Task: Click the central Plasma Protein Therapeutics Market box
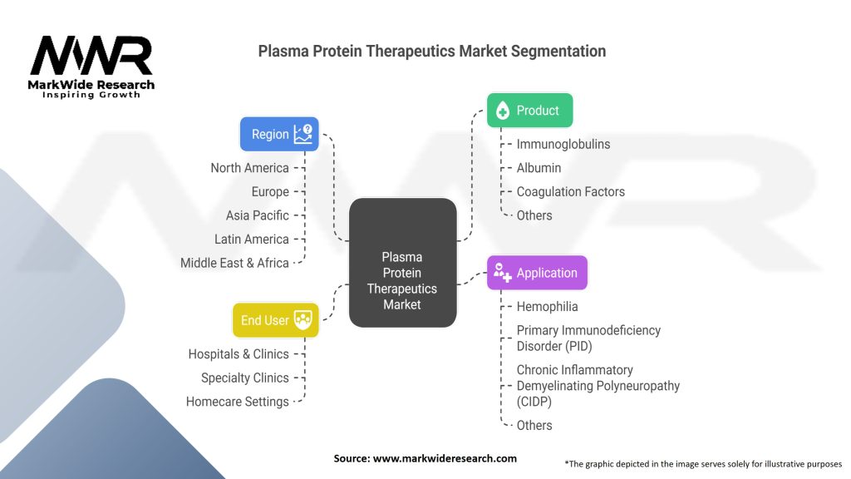point(402,262)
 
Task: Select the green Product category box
point(529,110)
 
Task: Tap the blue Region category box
point(279,134)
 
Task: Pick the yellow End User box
point(275,320)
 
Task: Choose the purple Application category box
point(537,273)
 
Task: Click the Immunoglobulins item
point(563,144)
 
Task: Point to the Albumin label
point(539,168)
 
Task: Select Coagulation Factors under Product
point(570,191)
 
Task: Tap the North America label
point(249,168)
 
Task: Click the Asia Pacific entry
point(258,215)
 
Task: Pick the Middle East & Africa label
point(234,263)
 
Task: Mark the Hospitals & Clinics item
point(239,354)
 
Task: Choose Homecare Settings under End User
point(238,402)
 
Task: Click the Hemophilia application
point(547,307)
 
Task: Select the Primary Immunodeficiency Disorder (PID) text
point(588,338)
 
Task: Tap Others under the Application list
point(534,425)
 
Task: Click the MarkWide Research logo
point(91,67)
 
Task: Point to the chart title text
point(431,51)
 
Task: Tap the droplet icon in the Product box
point(502,111)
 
